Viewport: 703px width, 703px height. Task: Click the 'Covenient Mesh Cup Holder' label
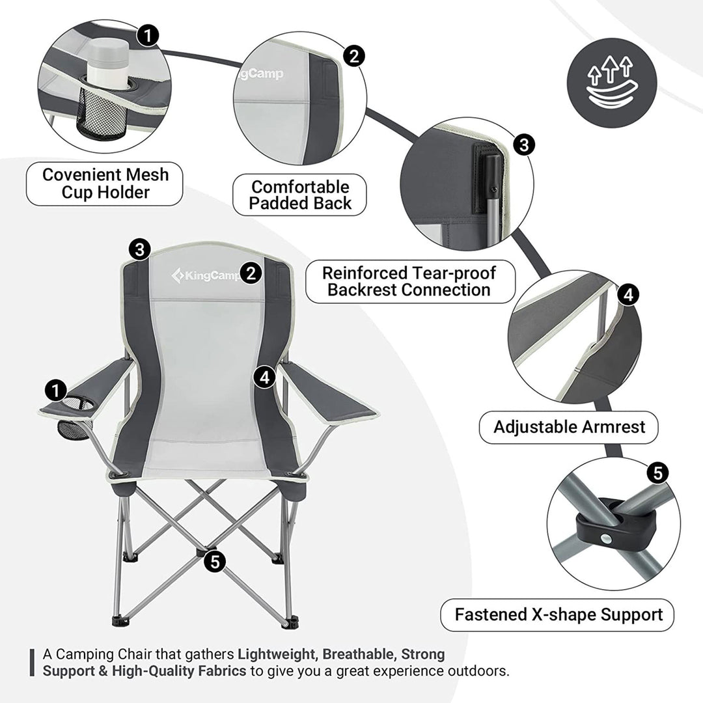[105, 184]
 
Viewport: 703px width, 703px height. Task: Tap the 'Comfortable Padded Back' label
[301, 195]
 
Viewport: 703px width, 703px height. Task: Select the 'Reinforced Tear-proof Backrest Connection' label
[409, 281]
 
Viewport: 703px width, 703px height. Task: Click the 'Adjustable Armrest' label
[569, 427]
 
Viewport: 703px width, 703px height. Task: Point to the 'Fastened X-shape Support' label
[558, 614]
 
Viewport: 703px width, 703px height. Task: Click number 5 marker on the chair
[215, 560]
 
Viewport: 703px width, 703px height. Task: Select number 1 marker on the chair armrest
[57, 390]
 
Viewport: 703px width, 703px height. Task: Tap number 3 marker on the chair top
[140, 248]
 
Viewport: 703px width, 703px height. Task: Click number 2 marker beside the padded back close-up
[353, 55]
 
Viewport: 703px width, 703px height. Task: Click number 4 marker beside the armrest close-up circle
[627, 294]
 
